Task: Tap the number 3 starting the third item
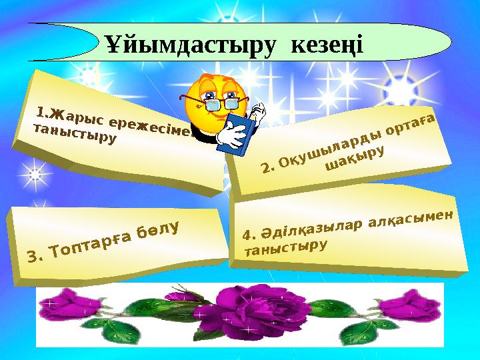31,255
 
